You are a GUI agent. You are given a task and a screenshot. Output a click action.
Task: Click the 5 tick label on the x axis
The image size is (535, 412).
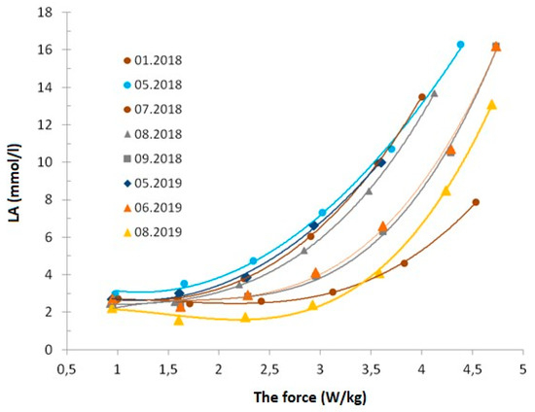[522, 370]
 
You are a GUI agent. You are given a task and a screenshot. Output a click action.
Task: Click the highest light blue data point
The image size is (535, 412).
[460, 45]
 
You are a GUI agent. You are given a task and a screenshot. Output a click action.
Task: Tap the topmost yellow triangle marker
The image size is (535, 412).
[491, 104]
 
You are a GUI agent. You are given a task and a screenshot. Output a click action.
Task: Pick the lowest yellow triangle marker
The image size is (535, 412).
[179, 320]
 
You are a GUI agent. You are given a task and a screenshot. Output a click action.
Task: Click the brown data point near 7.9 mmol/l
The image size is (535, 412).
[476, 202]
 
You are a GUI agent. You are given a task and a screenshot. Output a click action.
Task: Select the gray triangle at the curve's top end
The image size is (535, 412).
[434, 93]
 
